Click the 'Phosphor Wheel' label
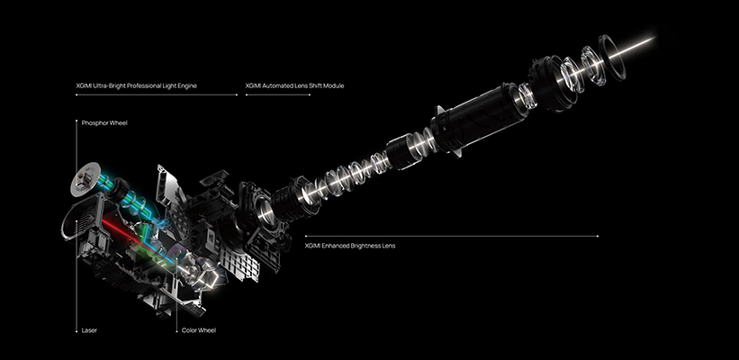(x=104, y=122)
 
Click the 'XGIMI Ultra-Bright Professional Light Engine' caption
(x=143, y=85)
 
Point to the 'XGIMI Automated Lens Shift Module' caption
(x=294, y=85)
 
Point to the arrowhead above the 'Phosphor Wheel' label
(x=76, y=117)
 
